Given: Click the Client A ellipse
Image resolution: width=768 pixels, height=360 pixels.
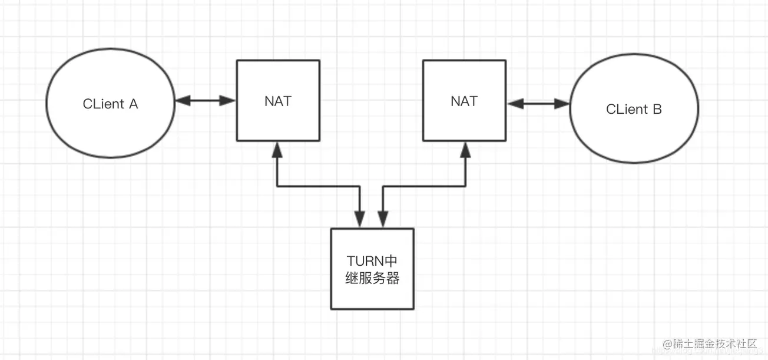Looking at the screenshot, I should (x=110, y=104).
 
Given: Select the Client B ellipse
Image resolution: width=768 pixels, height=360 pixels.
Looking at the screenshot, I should (x=634, y=109).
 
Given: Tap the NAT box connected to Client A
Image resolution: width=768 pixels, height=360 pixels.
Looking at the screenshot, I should (x=277, y=101).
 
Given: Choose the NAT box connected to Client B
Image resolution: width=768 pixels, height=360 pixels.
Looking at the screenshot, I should (x=464, y=101).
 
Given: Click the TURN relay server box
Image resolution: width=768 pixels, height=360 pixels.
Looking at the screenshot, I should (x=372, y=269).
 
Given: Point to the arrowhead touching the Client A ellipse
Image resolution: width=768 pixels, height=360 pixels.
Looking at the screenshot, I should (x=182, y=101).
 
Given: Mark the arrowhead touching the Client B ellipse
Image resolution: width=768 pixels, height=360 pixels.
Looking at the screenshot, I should (x=564, y=104).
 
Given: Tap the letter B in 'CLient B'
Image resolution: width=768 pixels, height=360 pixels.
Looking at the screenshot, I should (x=657, y=109).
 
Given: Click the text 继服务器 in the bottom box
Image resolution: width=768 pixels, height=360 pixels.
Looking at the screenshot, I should (x=372, y=278).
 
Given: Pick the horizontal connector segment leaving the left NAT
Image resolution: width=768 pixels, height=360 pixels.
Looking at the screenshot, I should (x=318, y=187).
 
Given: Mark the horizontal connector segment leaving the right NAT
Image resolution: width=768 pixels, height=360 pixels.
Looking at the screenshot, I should (x=425, y=187).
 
